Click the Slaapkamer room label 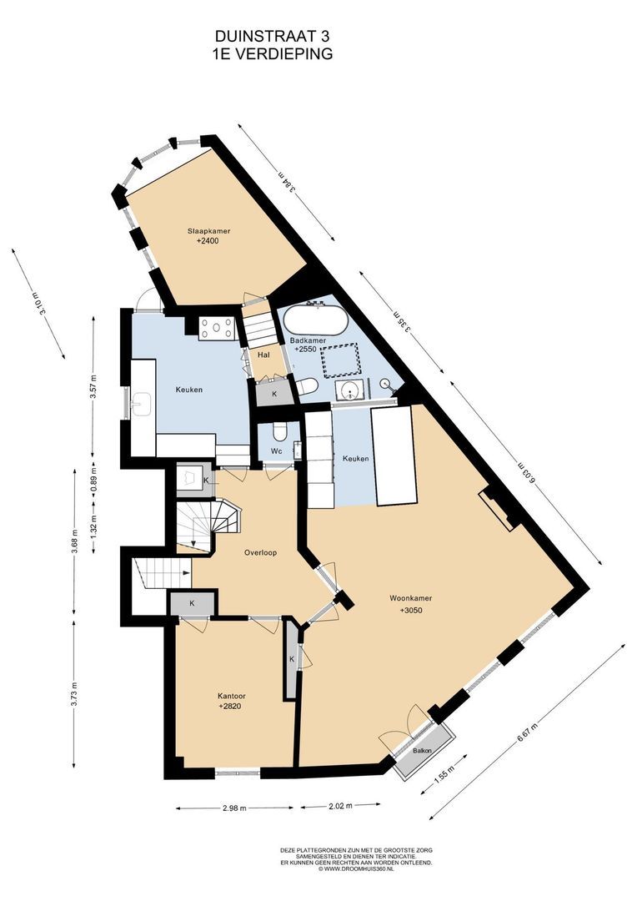(208, 231)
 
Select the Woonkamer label (411, 598)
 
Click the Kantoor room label (229, 694)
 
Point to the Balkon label (422, 751)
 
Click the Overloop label (260, 553)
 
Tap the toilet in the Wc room (278, 430)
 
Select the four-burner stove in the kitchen (217, 329)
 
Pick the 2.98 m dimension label (234, 808)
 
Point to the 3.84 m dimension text (287, 182)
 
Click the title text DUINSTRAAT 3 (273, 37)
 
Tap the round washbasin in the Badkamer (350, 392)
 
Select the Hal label (263, 355)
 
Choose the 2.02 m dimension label (339, 806)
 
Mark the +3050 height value (411, 610)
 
